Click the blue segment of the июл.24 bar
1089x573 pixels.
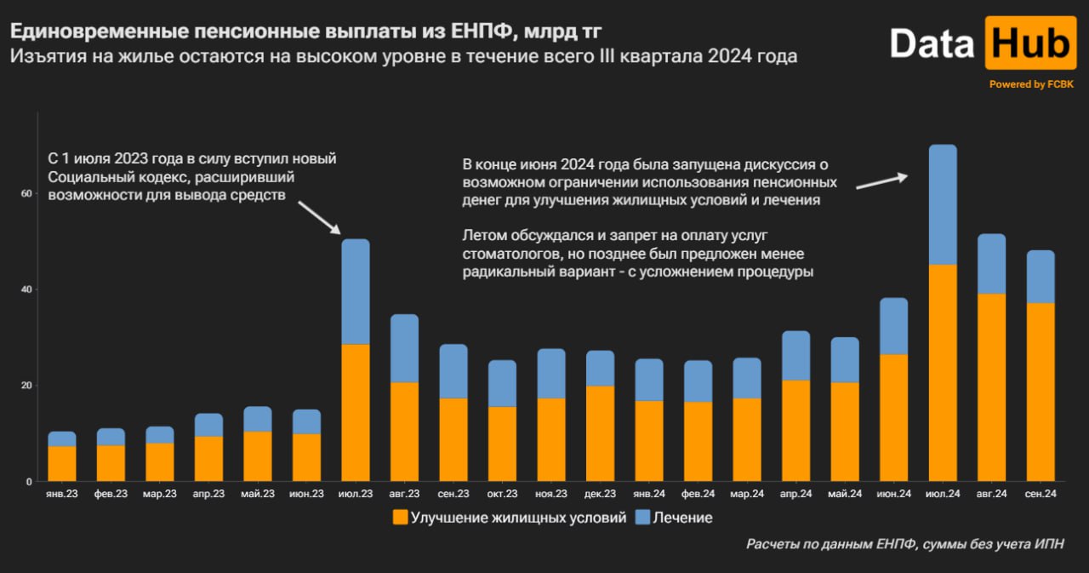point(943,205)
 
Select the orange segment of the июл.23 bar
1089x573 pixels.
point(356,413)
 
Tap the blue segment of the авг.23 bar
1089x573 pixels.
point(404,349)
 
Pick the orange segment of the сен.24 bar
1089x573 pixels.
point(1041,392)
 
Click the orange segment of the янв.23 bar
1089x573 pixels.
point(62,464)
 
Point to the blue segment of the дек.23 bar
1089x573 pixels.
point(600,369)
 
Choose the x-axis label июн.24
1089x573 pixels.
point(893,494)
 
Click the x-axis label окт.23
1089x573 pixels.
point(502,494)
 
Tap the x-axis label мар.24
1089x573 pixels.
point(747,494)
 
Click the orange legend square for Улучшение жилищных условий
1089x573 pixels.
point(399,517)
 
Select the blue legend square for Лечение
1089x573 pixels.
point(642,517)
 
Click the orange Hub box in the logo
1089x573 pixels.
point(1030,43)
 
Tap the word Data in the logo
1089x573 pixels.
point(932,43)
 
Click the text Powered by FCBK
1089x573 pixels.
point(1029,84)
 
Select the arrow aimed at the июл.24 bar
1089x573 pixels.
point(881,181)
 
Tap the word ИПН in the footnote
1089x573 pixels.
point(1046,544)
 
